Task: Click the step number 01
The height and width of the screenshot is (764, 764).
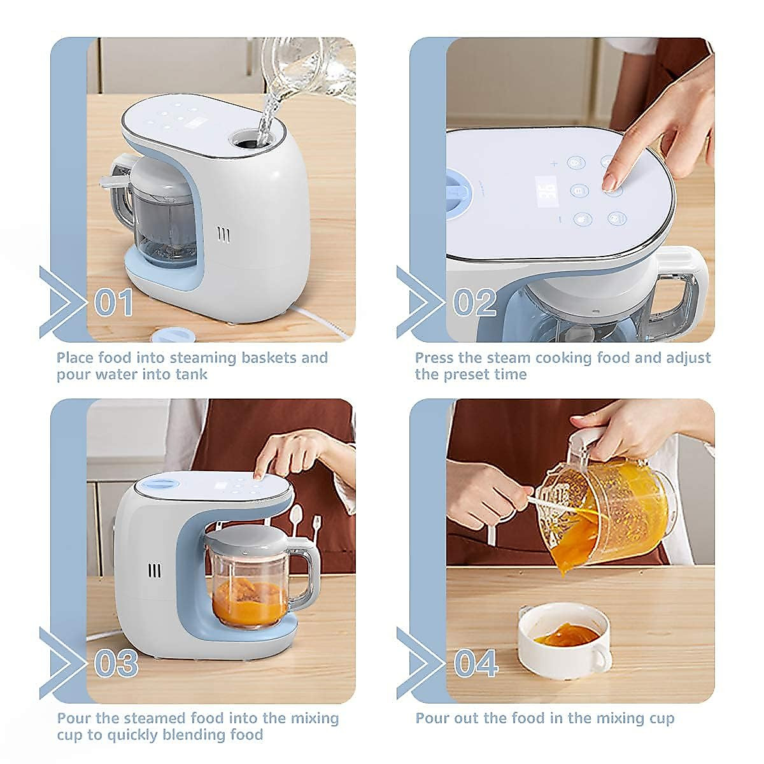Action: (x=114, y=302)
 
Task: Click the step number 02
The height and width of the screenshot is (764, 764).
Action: (x=474, y=302)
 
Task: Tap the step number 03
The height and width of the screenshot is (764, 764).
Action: (x=116, y=663)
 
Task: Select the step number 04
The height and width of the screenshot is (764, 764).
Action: (x=476, y=663)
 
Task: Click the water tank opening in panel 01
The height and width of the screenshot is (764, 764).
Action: (x=251, y=140)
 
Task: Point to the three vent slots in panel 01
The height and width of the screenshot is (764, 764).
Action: (x=223, y=234)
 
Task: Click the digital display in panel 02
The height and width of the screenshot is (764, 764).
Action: (x=547, y=192)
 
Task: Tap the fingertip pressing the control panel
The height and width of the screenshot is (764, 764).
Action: (x=611, y=183)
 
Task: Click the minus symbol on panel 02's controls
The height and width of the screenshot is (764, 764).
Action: (x=560, y=219)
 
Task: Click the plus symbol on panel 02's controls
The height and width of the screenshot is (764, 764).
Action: (x=554, y=164)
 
